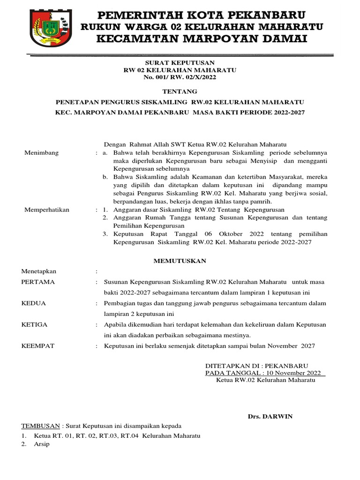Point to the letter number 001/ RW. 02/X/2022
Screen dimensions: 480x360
point(185,78)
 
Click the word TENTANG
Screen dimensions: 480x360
point(180,91)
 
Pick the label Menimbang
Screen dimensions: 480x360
point(42,153)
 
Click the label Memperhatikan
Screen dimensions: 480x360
point(46,210)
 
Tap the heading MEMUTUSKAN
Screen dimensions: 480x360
point(180,261)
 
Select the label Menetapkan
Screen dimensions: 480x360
point(39,271)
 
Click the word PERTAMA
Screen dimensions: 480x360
point(38,282)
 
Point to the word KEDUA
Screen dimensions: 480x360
point(34,303)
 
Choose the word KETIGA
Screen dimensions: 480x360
point(35,324)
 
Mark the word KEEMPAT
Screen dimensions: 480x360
point(38,346)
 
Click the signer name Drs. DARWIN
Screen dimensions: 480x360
point(270,416)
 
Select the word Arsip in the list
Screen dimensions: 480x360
point(42,444)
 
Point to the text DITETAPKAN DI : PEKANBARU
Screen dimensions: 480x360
point(257,365)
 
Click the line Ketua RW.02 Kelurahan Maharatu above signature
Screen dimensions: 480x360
point(265,380)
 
